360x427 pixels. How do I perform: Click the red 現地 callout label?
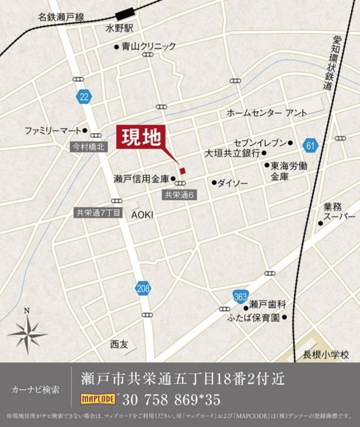[142, 138]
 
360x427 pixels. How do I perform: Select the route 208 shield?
[143, 288]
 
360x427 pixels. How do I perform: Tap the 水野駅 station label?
[119, 29]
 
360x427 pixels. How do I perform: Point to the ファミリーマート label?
[53, 130]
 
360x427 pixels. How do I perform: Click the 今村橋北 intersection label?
[88, 147]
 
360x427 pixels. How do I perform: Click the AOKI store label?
[142, 214]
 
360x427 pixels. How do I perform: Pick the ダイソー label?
[232, 183]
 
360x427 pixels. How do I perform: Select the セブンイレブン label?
[260, 143]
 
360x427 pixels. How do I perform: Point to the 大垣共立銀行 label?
[232, 153]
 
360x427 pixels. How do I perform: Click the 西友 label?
[119, 345]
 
